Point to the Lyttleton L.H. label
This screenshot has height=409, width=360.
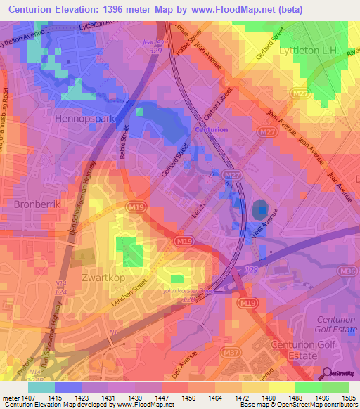pos(309,51)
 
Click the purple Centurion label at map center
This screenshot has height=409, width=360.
pos(211,130)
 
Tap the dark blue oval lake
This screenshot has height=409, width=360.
pos(260,209)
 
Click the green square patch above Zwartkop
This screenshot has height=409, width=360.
pos(133,252)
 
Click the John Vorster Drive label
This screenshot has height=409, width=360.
pos(188,289)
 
